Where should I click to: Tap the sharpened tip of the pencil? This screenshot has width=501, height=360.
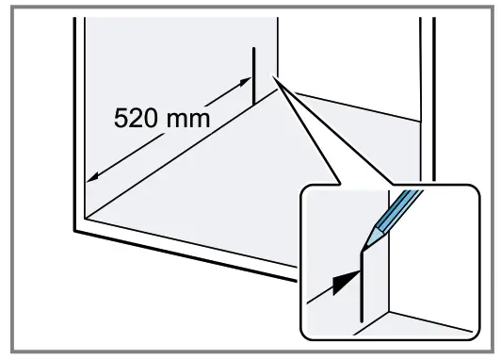(365, 247)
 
